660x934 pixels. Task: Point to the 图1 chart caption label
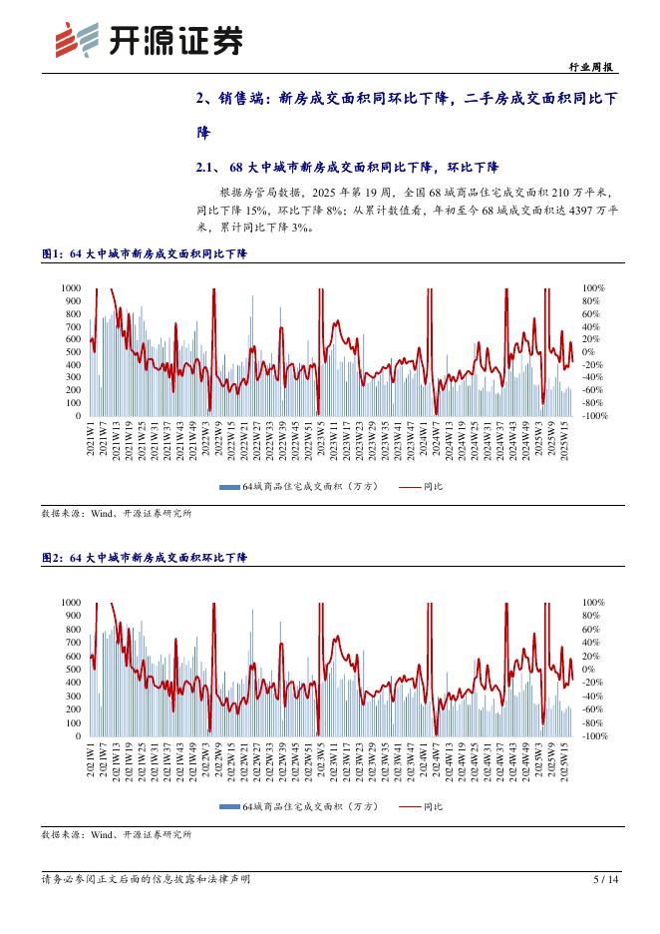tap(52, 254)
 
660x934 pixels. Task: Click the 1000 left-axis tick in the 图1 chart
tap(71, 288)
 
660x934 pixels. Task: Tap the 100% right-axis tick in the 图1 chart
tap(593, 288)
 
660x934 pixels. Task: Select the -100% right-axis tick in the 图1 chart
tap(595, 416)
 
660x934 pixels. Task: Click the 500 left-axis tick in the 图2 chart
tap(73, 670)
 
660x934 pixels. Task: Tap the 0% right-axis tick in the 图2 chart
tap(589, 670)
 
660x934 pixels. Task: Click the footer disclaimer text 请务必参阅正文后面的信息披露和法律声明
tap(146, 879)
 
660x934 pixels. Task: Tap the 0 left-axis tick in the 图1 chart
tap(78, 416)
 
